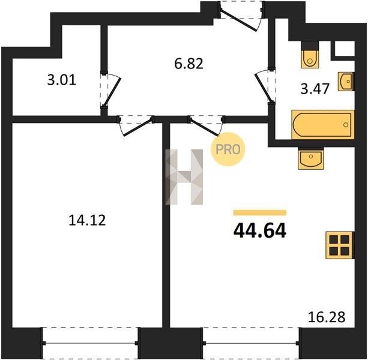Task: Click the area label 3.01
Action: tap(61, 80)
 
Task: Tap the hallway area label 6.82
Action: tap(189, 64)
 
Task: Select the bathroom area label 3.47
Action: tap(315, 89)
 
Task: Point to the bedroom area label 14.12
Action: tap(87, 220)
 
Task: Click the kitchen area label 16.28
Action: tap(327, 317)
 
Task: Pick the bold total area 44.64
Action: tap(260, 230)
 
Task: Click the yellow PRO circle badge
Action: tap(228, 149)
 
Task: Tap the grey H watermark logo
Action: tap(184, 177)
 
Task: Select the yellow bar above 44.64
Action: tap(260, 212)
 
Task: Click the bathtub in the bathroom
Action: tap(323, 125)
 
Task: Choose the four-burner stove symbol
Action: tap(339, 245)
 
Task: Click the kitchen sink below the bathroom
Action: tap(311, 158)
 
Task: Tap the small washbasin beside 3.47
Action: tap(346, 82)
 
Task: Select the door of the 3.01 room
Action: tap(110, 89)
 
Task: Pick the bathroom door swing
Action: tap(265, 86)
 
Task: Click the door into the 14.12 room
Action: tap(136, 125)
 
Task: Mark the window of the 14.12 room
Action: tap(91, 343)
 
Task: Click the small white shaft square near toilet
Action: tap(345, 49)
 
